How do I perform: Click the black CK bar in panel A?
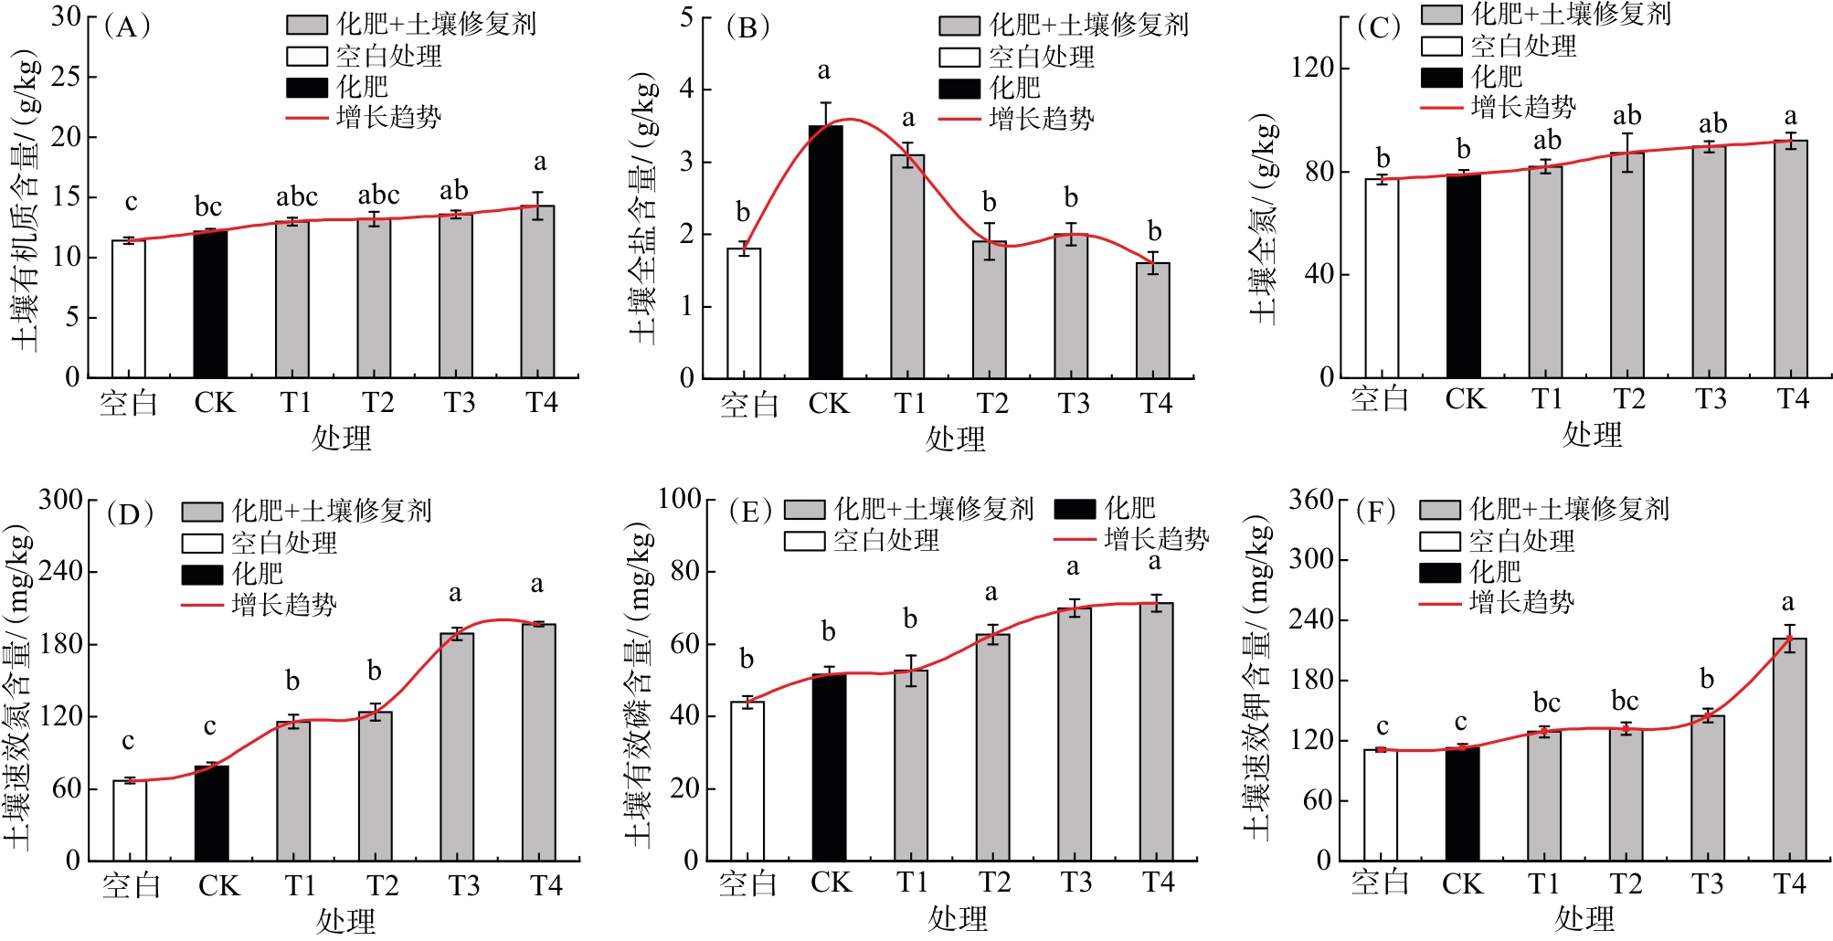(x=210, y=304)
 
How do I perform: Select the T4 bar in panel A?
(x=538, y=291)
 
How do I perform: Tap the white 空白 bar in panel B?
(x=744, y=313)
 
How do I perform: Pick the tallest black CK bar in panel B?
(x=826, y=252)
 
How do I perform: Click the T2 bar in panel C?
(x=1627, y=265)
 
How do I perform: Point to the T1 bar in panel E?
(x=911, y=766)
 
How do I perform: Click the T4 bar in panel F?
(x=1789, y=749)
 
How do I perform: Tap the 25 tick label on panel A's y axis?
(x=66, y=77)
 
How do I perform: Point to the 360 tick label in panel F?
(x=1311, y=500)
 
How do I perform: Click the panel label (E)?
(x=750, y=513)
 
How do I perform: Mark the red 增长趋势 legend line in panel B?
(x=959, y=119)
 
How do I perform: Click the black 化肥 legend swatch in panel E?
(x=1075, y=509)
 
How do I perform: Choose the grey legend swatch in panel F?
(x=1439, y=510)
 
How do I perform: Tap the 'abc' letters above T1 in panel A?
(x=297, y=196)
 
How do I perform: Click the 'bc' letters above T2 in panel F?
(x=1625, y=702)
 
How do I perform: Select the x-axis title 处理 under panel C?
(x=1592, y=435)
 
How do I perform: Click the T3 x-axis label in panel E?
(x=1075, y=883)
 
